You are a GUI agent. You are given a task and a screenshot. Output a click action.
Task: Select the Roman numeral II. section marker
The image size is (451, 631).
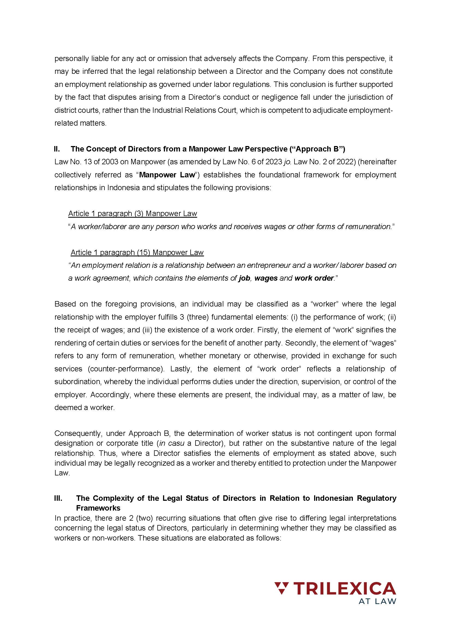(57, 149)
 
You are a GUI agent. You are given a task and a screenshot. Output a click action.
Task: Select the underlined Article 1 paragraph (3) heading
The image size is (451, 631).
(133, 213)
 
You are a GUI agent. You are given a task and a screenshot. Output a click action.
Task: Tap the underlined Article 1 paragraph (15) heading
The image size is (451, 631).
(137, 252)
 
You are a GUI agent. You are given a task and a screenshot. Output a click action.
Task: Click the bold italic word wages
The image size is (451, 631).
(266, 278)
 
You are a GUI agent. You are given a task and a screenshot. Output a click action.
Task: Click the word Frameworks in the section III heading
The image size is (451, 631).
(98, 508)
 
